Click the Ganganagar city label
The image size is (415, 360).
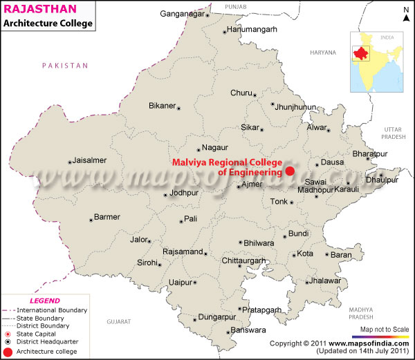click(x=183, y=13)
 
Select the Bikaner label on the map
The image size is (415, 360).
click(x=163, y=106)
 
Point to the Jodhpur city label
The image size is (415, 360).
click(x=184, y=193)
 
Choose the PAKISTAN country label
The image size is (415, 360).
click(x=65, y=65)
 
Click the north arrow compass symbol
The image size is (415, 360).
click(x=404, y=12)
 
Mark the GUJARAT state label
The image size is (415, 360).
click(x=118, y=321)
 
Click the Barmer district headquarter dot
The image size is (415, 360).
click(x=91, y=220)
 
